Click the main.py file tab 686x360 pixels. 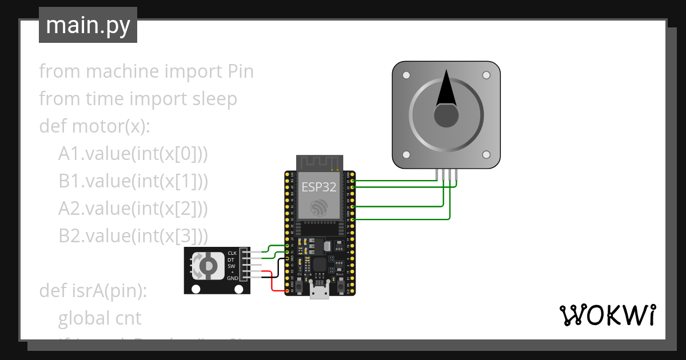(87, 25)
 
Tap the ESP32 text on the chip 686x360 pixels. (319, 187)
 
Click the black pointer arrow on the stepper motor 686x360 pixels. (446, 91)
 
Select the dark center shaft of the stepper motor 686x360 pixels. (446, 117)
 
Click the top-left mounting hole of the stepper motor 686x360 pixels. (406, 75)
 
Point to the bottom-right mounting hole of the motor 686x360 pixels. (486, 154)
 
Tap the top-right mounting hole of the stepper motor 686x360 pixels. (486, 75)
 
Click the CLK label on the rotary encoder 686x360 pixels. (232, 253)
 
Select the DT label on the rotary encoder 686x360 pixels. (231, 259)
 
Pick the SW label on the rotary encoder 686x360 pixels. (231, 266)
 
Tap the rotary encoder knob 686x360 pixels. (208, 266)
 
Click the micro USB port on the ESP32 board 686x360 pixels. (319, 291)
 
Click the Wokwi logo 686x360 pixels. (607, 315)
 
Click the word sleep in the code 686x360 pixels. (214, 99)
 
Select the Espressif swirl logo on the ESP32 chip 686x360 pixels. (319, 207)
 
